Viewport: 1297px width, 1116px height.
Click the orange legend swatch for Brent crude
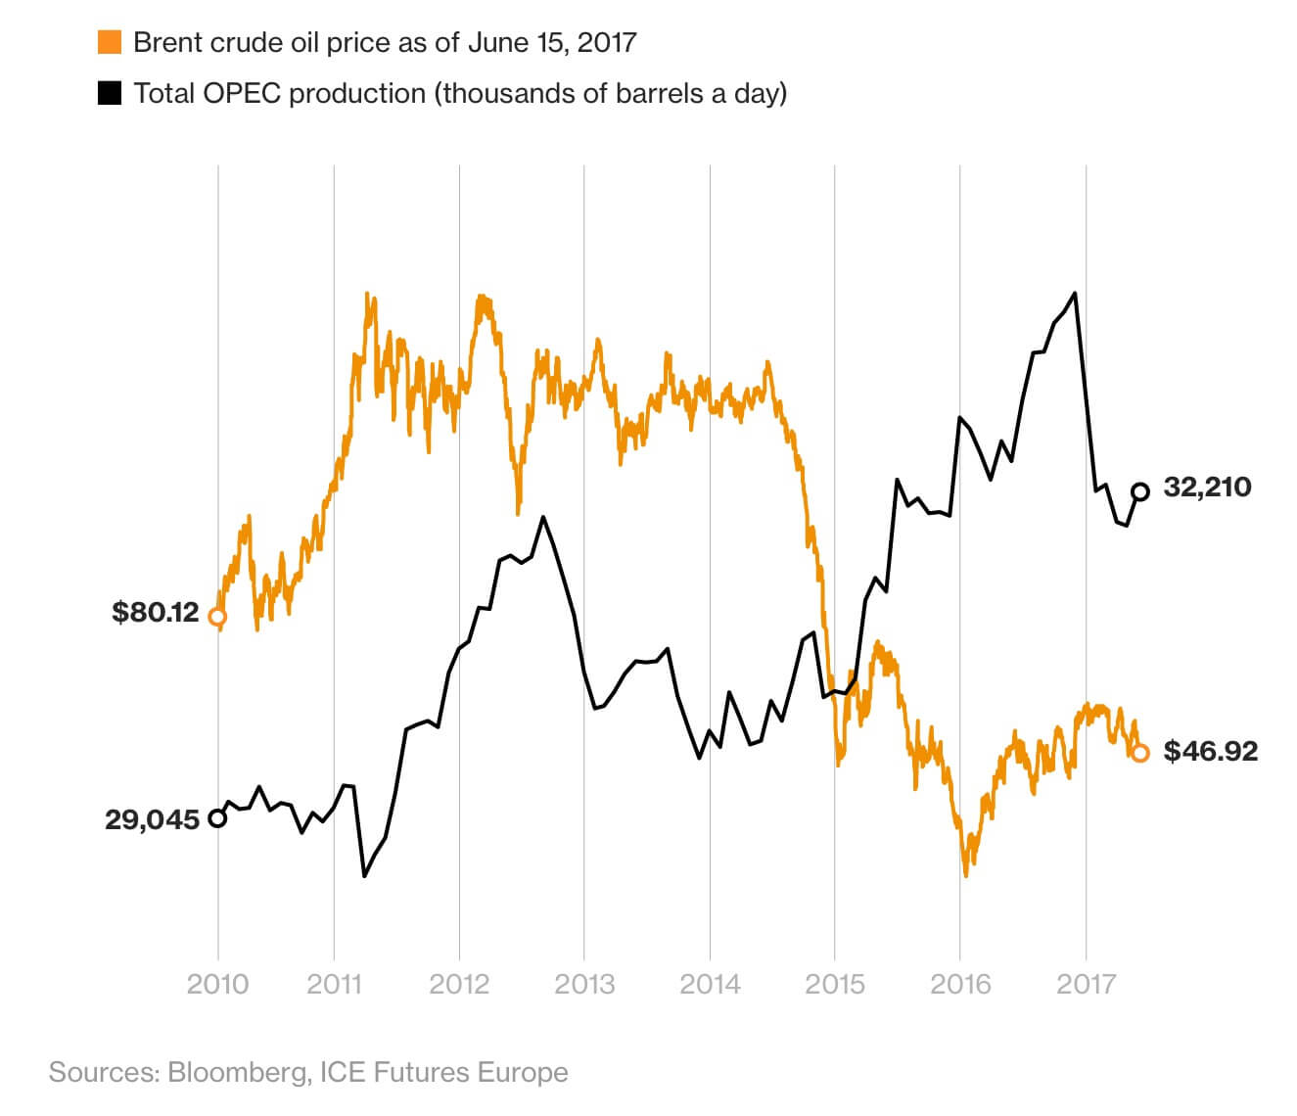pyautogui.click(x=110, y=42)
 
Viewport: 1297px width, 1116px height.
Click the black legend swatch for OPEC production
pyautogui.click(x=110, y=93)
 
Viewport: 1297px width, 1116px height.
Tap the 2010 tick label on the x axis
pyautogui.click(x=217, y=983)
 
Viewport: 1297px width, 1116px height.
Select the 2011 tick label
pyautogui.click(x=334, y=983)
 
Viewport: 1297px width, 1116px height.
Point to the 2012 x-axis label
pyautogui.click(x=459, y=983)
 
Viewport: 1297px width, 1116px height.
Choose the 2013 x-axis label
pyautogui.click(x=584, y=983)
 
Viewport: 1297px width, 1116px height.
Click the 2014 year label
pyautogui.click(x=710, y=983)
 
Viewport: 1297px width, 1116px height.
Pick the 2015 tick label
pyautogui.click(x=835, y=983)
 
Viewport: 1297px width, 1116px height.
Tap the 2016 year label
pyautogui.click(x=960, y=983)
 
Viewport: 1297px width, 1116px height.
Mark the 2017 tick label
pyautogui.click(x=1086, y=983)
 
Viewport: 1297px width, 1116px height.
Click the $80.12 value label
pyautogui.click(x=156, y=613)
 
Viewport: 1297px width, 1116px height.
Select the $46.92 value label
pyautogui.click(x=1211, y=751)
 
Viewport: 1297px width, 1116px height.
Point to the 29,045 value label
pyautogui.click(x=152, y=819)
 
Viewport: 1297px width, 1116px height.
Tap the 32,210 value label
pyautogui.click(x=1207, y=487)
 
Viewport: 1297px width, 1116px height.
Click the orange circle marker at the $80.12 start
pyautogui.click(x=217, y=617)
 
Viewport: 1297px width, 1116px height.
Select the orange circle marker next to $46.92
pyautogui.click(x=1139, y=753)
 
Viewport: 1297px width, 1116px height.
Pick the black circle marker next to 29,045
pyautogui.click(x=217, y=818)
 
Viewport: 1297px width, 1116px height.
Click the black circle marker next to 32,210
pyautogui.click(x=1139, y=491)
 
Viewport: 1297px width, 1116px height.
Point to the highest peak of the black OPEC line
pyautogui.click(x=1076, y=293)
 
